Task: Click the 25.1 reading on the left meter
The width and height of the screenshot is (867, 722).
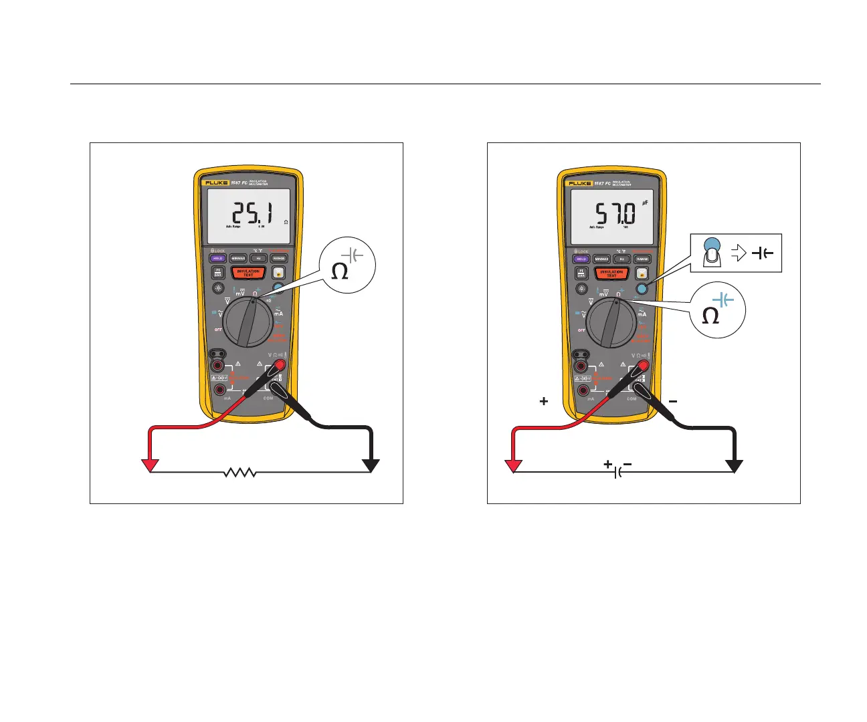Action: click(252, 214)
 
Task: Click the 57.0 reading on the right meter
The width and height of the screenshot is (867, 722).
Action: click(615, 214)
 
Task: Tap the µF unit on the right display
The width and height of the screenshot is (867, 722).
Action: click(645, 202)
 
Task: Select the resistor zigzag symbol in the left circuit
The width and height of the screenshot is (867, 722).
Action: click(240, 473)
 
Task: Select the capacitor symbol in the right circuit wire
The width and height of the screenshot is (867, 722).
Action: click(619, 472)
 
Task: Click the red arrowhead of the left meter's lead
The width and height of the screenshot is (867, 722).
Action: click(151, 465)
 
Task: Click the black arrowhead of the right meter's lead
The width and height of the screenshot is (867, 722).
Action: click(735, 466)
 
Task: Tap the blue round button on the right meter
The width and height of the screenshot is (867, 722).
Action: click(642, 289)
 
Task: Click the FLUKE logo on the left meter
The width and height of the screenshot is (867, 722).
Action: click(217, 183)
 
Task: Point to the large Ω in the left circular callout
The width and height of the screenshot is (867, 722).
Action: click(340, 271)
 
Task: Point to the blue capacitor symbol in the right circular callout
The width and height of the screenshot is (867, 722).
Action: click(722, 299)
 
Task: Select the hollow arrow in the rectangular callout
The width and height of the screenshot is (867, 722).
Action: click(739, 253)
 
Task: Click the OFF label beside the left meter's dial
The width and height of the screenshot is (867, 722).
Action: click(218, 330)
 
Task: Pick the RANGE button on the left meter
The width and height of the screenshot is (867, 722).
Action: click(279, 258)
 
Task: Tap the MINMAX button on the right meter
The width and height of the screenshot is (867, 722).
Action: click(601, 259)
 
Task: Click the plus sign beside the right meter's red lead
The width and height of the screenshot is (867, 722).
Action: click(544, 401)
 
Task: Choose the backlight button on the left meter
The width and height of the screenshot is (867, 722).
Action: click(218, 288)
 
